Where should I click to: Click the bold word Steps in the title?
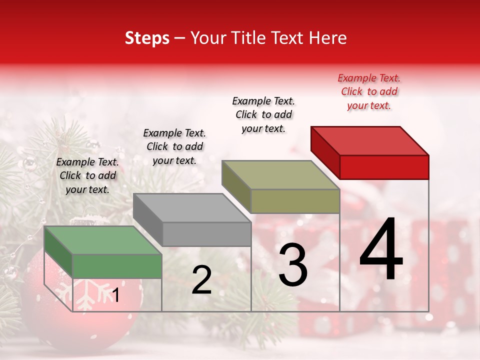coord(147,38)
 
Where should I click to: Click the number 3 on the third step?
coord(293,265)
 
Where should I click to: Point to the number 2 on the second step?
coord(201,280)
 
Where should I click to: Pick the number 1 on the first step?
coord(115,295)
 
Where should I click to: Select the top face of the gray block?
coord(192,208)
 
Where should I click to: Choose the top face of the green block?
coord(103,240)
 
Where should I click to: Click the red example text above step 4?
coord(369,91)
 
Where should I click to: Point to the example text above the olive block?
coord(263,114)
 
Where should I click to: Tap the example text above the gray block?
coord(174,146)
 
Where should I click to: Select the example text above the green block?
coord(87,175)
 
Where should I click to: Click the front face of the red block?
coord(384,167)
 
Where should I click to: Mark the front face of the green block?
coord(117,266)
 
